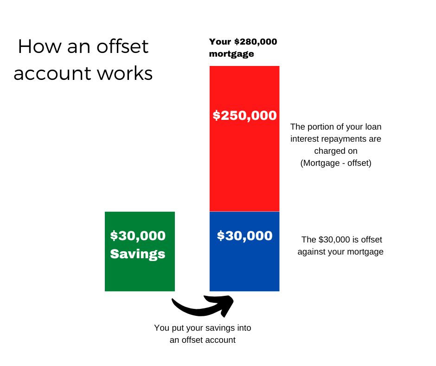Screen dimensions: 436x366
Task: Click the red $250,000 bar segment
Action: click(244, 139)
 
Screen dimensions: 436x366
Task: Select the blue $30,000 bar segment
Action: click(244, 252)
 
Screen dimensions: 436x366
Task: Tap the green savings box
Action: click(140, 252)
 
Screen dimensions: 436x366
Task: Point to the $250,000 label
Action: click(245, 115)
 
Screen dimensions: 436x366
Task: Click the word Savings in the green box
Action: click(138, 254)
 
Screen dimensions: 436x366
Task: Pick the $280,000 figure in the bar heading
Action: click(256, 42)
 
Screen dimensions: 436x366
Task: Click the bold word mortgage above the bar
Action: click(231, 54)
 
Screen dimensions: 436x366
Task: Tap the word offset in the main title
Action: click(122, 46)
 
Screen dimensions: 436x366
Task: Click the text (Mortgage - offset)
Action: click(336, 163)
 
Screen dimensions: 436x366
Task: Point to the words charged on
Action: click(336, 150)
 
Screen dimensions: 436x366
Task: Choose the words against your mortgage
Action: click(340, 252)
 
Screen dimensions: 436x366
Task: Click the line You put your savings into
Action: click(203, 328)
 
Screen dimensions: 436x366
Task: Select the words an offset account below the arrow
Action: click(203, 340)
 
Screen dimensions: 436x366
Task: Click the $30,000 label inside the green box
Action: click(138, 235)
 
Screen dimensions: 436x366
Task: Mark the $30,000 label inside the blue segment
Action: click(245, 235)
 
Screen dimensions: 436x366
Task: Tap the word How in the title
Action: click(40, 46)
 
